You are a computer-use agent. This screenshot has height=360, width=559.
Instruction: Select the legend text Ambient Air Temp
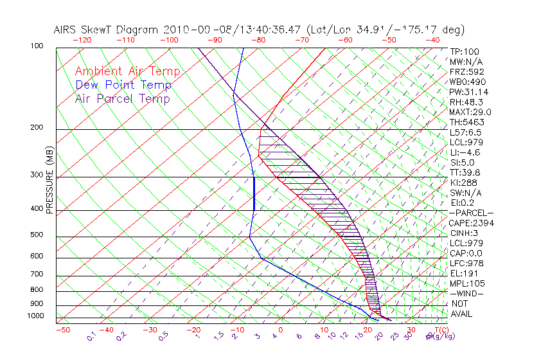(127, 72)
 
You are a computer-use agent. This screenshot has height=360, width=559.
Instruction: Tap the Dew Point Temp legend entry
(123, 85)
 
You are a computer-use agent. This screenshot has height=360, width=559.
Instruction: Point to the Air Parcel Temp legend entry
(122, 99)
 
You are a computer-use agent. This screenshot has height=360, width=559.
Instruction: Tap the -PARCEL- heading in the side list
(471, 213)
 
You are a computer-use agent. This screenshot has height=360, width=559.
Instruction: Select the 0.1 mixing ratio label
(91, 336)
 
